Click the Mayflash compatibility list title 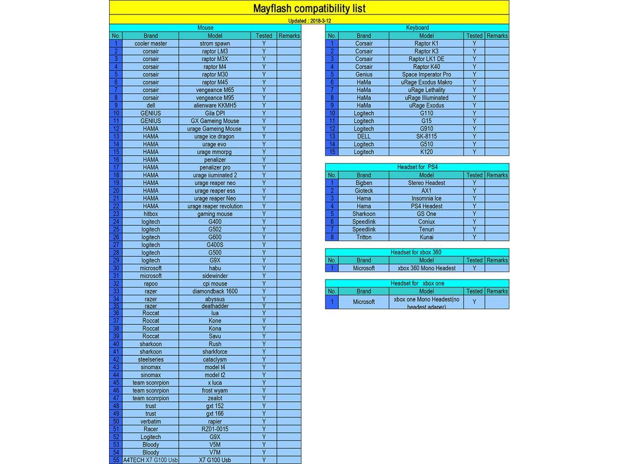pyautogui.click(x=309, y=8)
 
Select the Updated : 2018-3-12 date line pyautogui.click(x=309, y=21)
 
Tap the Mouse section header pyautogui.click(x=205, y=28)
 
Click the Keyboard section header pyautogui.click(x=417, y=28)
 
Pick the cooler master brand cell pyautogui.click(x=151, y=43)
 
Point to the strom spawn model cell pyautogui.click(x=215, y=43)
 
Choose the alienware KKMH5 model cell pyautogui.click(x=215, y=105)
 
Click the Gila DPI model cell pyautogui.click(x=215, y=113)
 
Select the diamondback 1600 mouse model pyautogui.click(x=215, y=291)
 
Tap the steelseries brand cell pyautogui.click(x=151, y=360)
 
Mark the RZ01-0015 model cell pyautogui.click(x=215, y=429)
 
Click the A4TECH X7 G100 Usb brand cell pyautogui.click(x=151, y=460)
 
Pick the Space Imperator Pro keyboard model pyautogui.click(x=426, y=74)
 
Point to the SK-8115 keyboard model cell pyautogui.click(x=426, y=136)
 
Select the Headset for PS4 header pyautogui.click(x=417, y=167)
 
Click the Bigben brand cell pyautogui.click(x=364, y=183)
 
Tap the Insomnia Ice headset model pyautogui.click(x=426, y=199)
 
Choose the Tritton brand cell pyautogui.click(x=364, y=237)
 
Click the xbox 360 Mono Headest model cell pyautogui.click(x=426, y=268)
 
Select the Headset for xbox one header pyautogui.click(x=417, y=284)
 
